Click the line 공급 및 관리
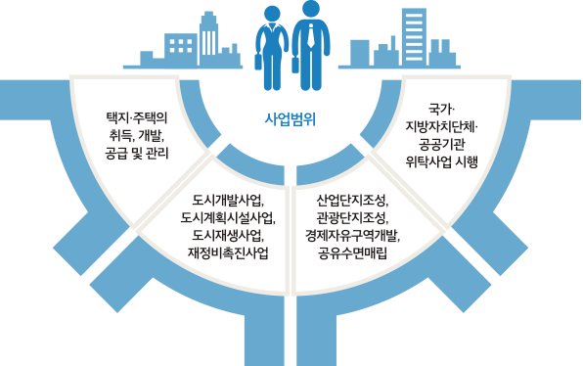click(136, 154)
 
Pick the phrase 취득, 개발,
click(136, 135)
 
